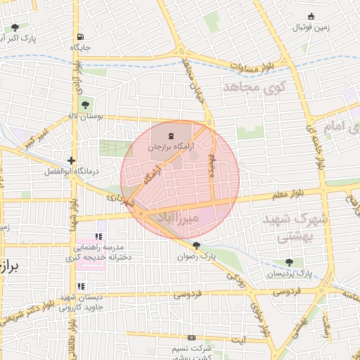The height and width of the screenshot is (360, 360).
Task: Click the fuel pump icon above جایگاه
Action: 82,37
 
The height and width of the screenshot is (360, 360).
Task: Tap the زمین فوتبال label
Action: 311,27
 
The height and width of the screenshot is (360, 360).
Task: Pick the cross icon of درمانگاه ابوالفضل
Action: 72,161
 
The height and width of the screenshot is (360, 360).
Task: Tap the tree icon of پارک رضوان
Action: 196,246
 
